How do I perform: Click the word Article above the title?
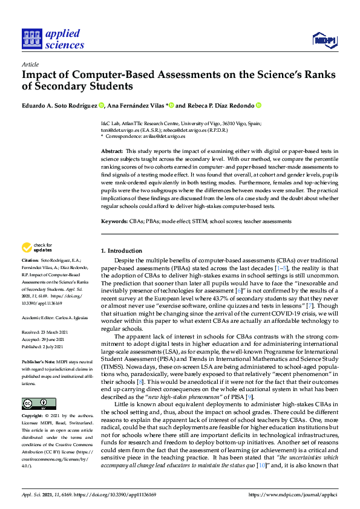30,64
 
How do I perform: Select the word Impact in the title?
39,76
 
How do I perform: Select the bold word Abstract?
113,150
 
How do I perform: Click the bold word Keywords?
114,222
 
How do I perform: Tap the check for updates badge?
36,247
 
